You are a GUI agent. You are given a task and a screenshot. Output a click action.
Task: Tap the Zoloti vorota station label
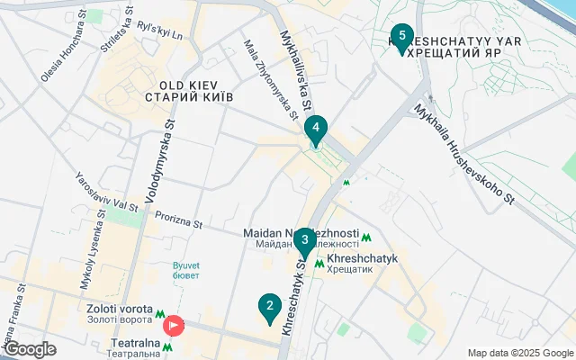coord(119,312)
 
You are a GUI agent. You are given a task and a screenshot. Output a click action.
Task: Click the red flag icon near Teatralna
coord(173,325)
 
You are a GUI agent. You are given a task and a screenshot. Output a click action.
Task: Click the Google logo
coord(30,349)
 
